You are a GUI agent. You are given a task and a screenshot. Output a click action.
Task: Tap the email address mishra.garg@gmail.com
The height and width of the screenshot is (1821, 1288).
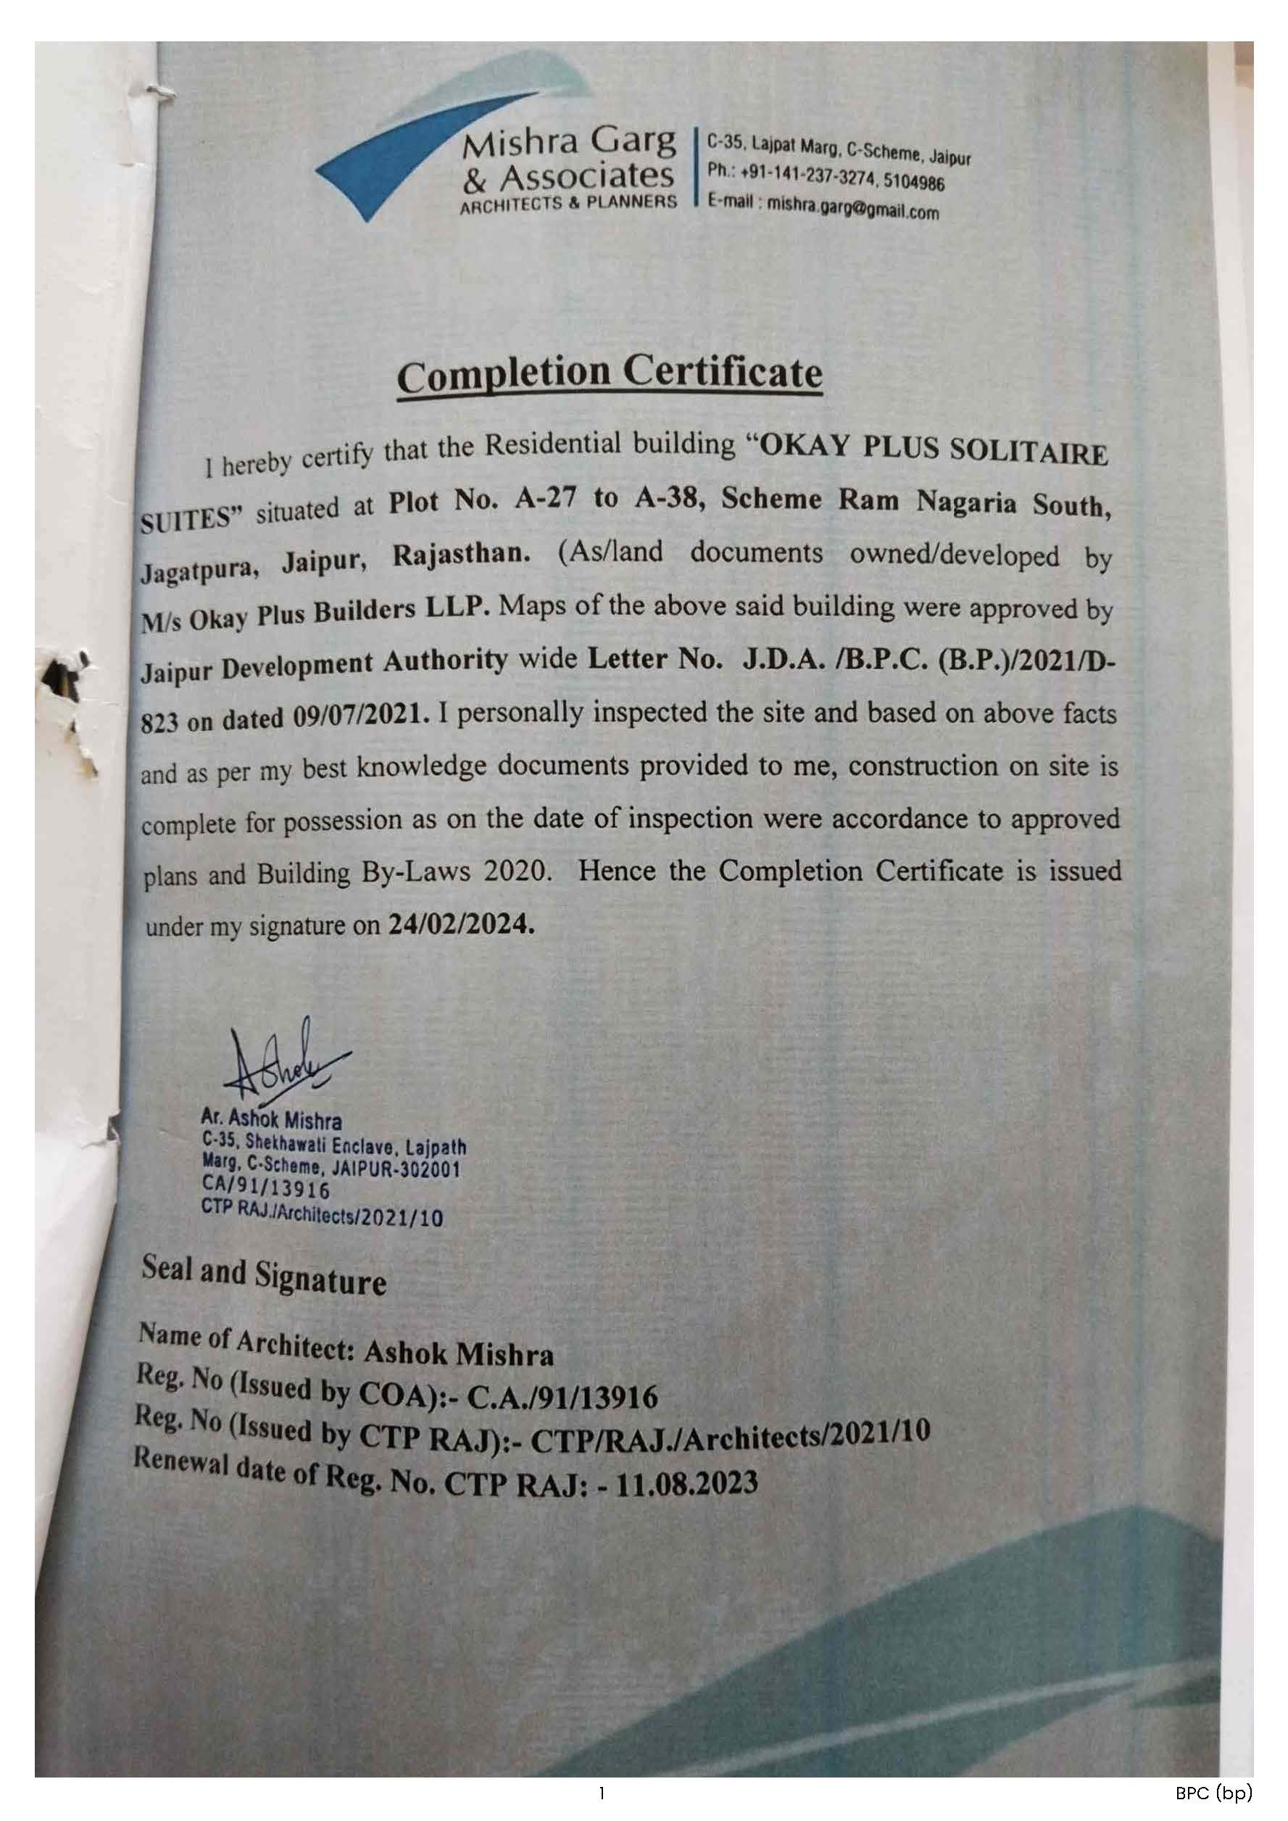[852, 208]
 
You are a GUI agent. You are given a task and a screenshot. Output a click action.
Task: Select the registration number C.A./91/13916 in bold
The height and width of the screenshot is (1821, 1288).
[562, 1398]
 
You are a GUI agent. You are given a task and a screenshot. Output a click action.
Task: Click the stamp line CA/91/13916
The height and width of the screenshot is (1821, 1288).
[266, 1188]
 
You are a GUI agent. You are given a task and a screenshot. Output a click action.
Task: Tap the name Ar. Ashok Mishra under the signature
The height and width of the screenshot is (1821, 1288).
[271, 1120]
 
